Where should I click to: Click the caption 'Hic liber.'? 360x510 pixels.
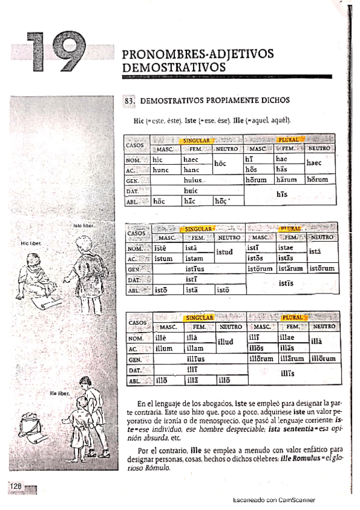[x=30, y=244]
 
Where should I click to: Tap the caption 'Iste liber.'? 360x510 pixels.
[x=82, y=226]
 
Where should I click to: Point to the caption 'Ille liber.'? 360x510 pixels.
[x=61, y=393]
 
